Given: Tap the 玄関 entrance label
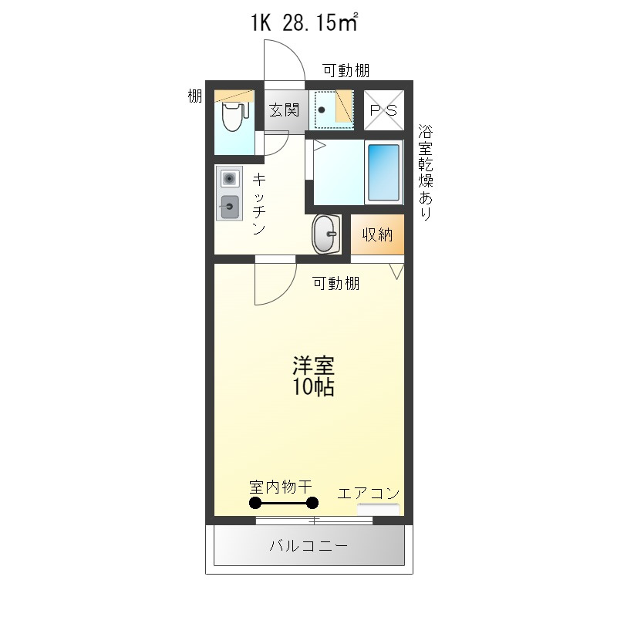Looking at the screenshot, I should tap(283, 110).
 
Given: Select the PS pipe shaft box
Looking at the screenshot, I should tap(383, 110).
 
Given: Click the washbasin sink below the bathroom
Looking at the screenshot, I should tap(326, 233).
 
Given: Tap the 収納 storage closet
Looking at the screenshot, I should tap(378, 234).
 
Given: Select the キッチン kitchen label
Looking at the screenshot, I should tap(260, 204).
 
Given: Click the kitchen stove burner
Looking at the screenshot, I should tap(229, 179).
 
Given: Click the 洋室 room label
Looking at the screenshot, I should tap(312, 366).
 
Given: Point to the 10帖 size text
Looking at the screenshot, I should tap(312, 387).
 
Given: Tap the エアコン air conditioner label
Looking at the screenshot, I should tap(369, 493).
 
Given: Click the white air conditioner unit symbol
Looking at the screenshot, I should tap(379, 509).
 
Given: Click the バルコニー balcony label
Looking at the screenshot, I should tap(308, 547).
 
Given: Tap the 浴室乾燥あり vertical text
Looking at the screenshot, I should tap(425, 173).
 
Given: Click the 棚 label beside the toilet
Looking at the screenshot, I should tap(195, 96).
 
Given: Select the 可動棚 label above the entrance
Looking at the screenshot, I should tap(346, 71).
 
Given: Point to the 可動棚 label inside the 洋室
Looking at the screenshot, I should tap(335, 283).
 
